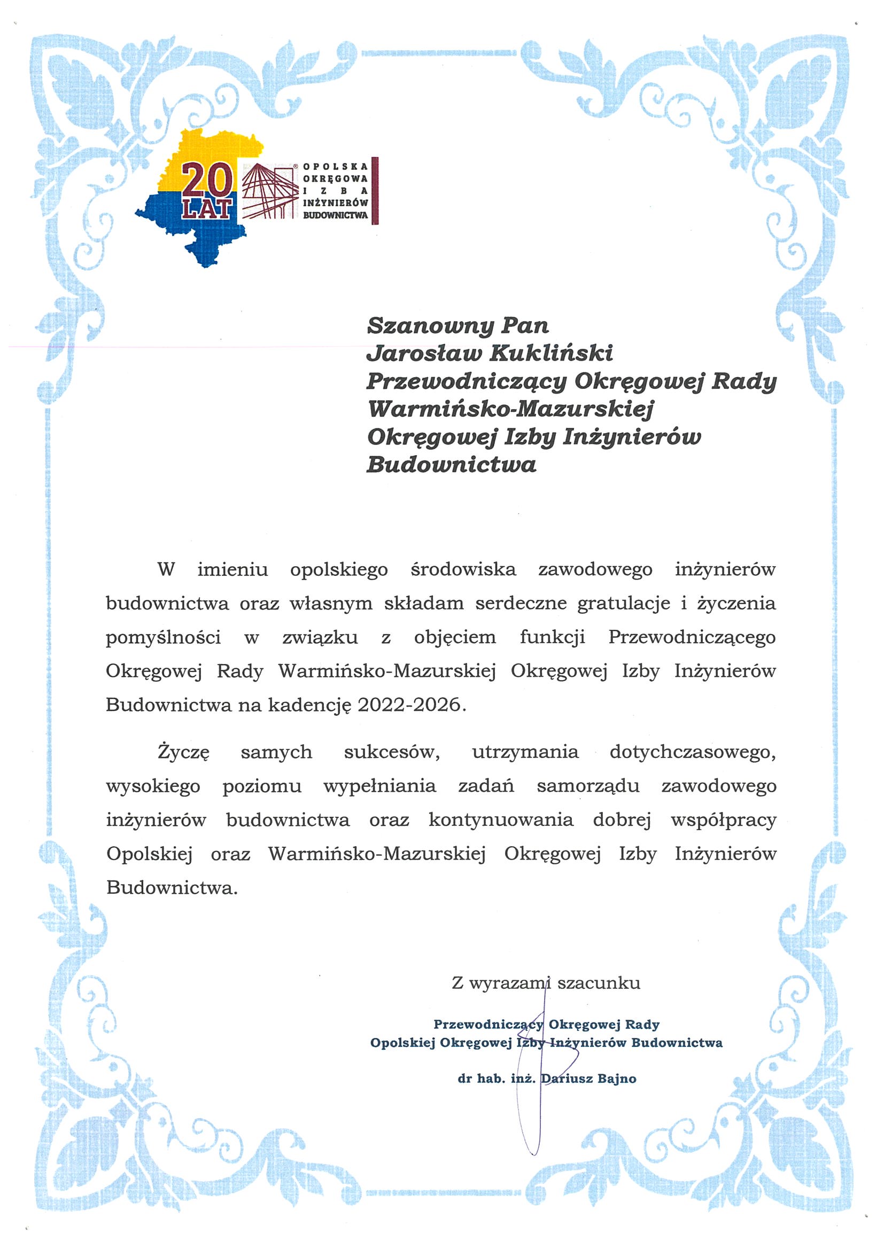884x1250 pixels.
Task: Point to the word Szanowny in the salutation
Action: (430, 325)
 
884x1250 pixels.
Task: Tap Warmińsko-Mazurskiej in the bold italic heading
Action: (511, 409)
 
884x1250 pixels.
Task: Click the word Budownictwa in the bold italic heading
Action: (452, 464)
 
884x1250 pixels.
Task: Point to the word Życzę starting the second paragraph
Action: (183, 752)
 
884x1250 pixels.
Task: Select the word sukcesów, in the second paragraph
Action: (392, 752)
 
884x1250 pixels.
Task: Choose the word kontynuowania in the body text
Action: (501, 820)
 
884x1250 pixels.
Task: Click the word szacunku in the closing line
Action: (599, 983)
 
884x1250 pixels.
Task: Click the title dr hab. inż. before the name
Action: (496, 1079)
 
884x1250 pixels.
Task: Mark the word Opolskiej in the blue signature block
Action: (402, 1043)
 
